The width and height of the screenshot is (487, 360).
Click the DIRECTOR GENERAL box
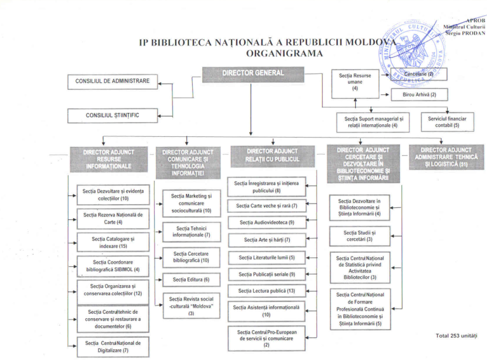click(252, 74)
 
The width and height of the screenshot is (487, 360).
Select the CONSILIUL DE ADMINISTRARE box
click(112, 81)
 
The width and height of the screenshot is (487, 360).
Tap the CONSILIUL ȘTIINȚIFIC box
click(112, 115)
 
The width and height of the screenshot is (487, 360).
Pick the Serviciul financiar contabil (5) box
click(447, 122)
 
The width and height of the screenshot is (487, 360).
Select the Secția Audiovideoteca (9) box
click(266, 222)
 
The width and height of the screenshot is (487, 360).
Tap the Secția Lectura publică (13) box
click(266, 291)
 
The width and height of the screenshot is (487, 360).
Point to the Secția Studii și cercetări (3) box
click(360, 236)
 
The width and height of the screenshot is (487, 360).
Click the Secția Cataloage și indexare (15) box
click(113, 242)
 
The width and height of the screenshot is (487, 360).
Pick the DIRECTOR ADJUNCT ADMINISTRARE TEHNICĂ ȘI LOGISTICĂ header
click(446, 157)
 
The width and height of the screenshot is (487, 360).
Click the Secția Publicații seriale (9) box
click(266, 274)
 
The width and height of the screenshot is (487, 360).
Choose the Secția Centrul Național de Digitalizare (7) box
click(113, 346)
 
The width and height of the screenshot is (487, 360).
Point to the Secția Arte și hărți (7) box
click(266, 240)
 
